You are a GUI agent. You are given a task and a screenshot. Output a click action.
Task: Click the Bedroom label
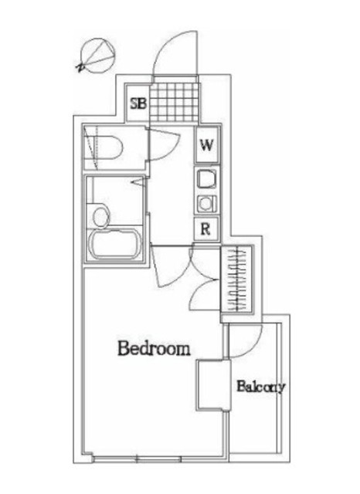pyautogui.click(x=154, y=348)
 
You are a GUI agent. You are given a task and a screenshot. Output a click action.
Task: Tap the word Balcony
pyautogui.click(x=261, y=387)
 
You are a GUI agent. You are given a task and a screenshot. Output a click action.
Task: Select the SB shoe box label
pyautogui.click(x=139, y=103)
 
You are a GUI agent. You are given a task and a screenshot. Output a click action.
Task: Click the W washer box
pyautogui.click(x=207, y=144)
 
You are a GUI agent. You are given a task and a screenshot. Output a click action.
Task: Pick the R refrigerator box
pyautogui.click(x=205, y=229)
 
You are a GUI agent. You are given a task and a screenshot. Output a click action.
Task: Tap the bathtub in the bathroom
pyautogui.click(x=114, y=243)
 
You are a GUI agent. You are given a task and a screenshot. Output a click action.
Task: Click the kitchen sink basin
pyautogui.click(x=206, y=179)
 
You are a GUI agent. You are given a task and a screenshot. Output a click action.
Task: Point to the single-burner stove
pyautogui.click(x=206, y=204)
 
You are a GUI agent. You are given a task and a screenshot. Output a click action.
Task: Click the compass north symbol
pyautogui.click(x=97, y=56)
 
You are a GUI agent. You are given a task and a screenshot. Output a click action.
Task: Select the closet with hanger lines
pyautogui.click(x=236, y=279)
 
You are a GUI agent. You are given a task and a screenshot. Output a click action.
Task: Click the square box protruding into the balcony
pyautogui.click(x=213, y=385)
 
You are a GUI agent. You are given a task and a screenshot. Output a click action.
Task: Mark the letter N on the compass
pyautogui.click(x=80, y=67)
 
